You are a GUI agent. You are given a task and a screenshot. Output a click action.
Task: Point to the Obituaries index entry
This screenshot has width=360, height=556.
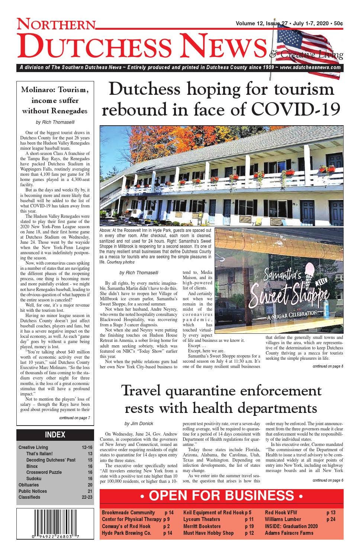pyautogui.click(x=29, y=485)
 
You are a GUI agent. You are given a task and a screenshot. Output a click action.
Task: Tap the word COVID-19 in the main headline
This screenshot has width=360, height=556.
pyautogui.click(x=296, y=109)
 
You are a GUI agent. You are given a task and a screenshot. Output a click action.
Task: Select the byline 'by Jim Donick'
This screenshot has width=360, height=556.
pyautogui.click(x=139, y=423)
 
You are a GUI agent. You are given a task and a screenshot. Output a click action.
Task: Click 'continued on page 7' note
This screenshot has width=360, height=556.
pyautogui.click(x=74, y=418)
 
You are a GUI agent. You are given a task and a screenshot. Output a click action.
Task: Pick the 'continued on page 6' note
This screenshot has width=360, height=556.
pyautogui.click(x=328, y=480)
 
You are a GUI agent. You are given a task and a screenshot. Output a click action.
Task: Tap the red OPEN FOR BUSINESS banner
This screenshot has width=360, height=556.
pyautogui.click(x=221, y=496)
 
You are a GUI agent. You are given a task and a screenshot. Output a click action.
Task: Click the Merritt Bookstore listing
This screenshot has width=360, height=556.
pyautogui.click(x=202, y=526)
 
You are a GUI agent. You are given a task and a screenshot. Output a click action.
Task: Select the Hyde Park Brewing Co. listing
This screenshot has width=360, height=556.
pyautogui.click(x=126, y=533)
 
